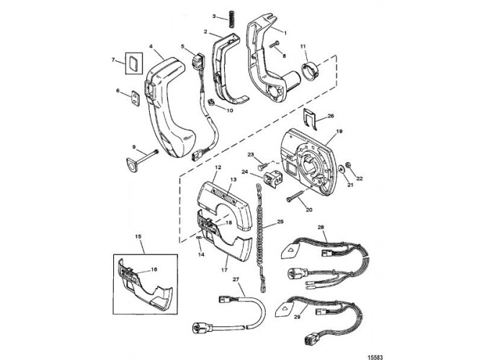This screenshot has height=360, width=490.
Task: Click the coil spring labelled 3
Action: (231, 19)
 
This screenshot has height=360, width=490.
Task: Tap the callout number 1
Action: (285, 32)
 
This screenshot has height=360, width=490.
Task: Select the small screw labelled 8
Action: (273, 45)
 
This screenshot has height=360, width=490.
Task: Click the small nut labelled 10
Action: (212, 102)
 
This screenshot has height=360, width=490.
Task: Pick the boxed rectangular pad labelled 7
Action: (134, 63)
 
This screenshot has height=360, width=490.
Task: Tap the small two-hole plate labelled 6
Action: (135, 99)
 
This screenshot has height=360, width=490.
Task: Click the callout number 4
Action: (151, 46)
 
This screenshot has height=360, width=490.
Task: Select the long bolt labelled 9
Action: (142, 159)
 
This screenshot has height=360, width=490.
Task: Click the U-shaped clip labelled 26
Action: (311, 117)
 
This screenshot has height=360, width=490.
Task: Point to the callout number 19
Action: (339, 131)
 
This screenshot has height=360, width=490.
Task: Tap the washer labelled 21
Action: (341, 169)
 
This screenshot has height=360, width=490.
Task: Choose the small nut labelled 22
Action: (348, 165)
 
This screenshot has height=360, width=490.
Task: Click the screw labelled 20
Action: (295, 196)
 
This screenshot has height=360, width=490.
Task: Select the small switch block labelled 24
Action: (273, 179)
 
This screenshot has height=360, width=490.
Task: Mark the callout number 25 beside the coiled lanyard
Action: (280, 222)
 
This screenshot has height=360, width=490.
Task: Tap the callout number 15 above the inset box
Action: (138, 237)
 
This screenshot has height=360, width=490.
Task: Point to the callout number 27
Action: (236, 279)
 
